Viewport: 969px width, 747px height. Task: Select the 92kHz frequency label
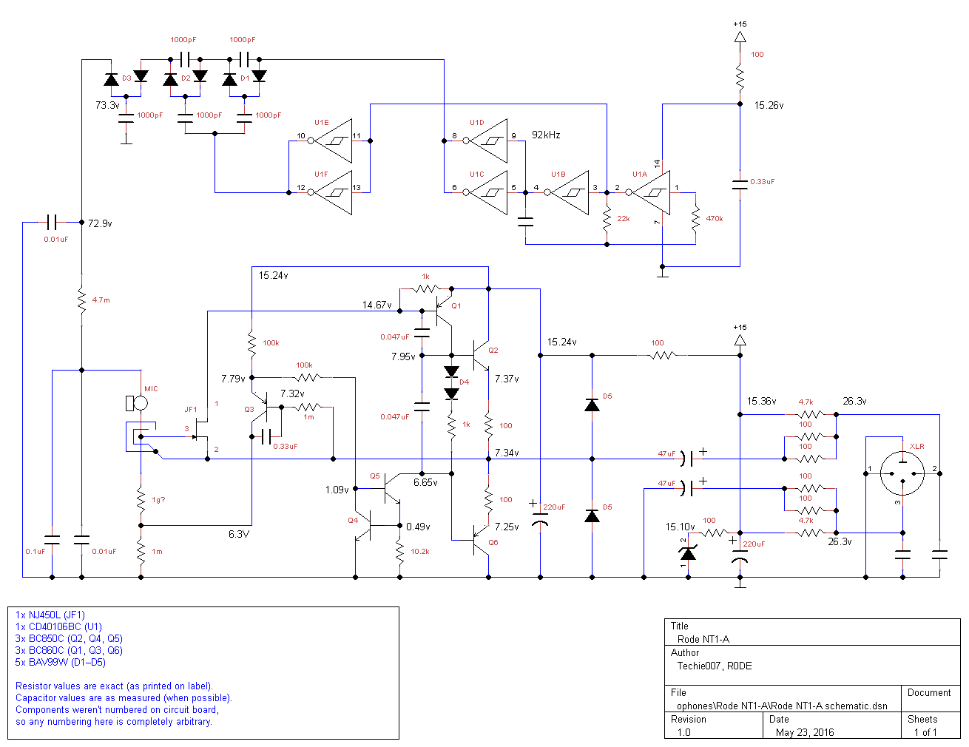click(546, 135)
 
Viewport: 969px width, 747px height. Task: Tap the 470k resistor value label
click(714, 219)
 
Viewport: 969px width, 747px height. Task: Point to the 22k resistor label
click(624, 219)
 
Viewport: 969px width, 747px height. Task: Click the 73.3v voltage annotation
click(107, 106)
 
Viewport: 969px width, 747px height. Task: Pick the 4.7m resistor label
click(101, 300)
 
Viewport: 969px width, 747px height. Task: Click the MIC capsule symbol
click(138, 403)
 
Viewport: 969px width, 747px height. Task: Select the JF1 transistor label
click(191, 410)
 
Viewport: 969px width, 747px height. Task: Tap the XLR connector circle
click(902, 473)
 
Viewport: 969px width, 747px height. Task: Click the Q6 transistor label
click(493, 543)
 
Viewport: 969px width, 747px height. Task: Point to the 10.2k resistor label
click(419, 552)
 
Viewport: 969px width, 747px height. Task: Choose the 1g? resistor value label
click(158, 500)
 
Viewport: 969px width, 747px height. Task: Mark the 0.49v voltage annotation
click(418, 527)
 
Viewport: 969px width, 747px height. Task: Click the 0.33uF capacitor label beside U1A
click(763, 182)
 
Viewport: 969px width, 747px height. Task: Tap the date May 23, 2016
click(805, 732)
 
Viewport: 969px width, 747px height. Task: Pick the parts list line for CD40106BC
click(58, 626)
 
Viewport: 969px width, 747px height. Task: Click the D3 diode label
click(126, 78)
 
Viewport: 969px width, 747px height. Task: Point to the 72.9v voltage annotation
click(100, 223)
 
